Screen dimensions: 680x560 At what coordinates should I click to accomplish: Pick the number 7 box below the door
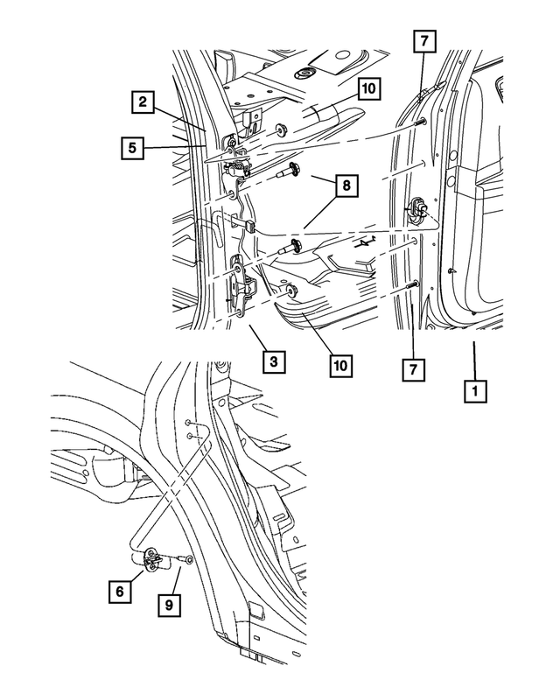(411, 369)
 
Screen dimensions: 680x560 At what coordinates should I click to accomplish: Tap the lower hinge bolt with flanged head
(290, 248)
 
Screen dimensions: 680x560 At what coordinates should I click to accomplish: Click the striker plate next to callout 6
(151, 558)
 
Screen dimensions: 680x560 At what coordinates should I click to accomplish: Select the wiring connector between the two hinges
(250, 226)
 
